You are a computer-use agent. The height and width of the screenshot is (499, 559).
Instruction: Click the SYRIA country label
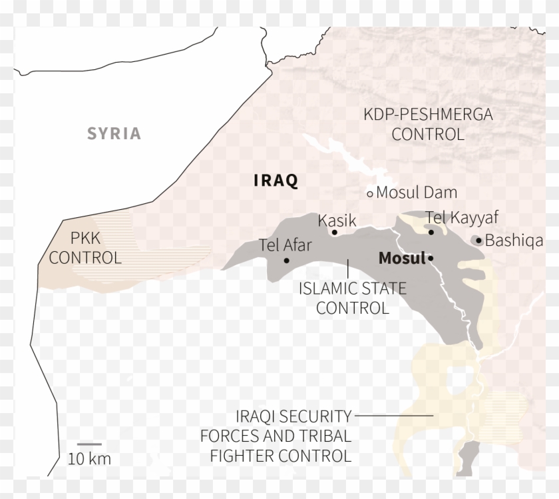click(x=114, y=134)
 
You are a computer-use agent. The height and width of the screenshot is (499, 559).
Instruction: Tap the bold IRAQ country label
click(x=276, y=181)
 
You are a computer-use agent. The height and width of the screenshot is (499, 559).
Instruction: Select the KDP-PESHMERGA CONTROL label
click(x=428, y=125)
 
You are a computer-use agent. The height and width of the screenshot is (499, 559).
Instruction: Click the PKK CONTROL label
click(x=85, y=248)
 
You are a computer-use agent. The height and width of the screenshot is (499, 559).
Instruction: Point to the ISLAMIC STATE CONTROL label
click(x=353, y=298)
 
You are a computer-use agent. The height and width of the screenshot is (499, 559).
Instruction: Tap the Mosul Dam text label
click(x=417, y=193)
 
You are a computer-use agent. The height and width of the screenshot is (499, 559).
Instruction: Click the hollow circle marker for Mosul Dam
click(x=371, y=194)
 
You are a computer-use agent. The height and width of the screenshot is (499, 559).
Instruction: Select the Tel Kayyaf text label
click(x=462, y=217)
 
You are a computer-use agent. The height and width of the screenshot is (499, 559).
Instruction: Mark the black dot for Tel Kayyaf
click(x=431, y=233)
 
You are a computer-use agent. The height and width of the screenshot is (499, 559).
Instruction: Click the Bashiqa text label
click(x=514, y=241)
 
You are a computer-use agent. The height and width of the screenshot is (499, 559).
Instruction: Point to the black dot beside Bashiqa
click(x=479, y=241)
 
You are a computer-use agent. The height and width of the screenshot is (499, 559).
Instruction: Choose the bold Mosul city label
click(x=402, y=258)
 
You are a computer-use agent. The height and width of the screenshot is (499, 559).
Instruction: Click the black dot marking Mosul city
click(x=431, y=258)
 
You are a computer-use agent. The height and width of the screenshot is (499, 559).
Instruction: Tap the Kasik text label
click(x=337, y=221)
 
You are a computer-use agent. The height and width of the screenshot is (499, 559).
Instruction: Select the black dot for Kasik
click(x=334, y=233)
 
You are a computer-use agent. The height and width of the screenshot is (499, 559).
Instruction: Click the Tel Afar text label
click(x=285, y=245)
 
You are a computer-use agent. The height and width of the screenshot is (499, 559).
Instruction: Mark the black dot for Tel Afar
click(x=286, y=260)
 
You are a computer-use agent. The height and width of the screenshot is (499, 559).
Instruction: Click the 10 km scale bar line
click(x=89, y=444)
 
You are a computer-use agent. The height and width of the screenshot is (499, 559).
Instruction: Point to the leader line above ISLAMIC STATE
click(x=349, y=268)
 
